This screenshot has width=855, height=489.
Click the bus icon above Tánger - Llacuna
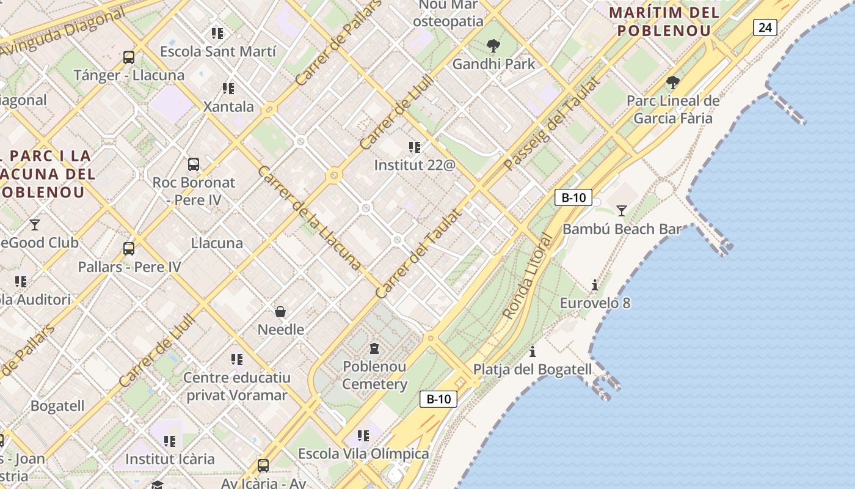128,57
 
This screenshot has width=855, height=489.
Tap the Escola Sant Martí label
218,51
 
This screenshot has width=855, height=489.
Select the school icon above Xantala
228,89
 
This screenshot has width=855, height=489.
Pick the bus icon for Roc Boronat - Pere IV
194,164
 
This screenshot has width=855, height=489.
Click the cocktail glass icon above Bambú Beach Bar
622,211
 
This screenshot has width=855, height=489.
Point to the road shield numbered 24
765,27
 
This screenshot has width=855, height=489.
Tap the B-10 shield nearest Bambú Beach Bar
573,197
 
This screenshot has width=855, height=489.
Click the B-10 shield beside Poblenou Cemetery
438,399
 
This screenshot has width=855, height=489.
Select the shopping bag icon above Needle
280,312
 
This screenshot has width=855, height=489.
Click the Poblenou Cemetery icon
374,348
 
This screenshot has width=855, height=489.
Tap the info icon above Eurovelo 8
595,285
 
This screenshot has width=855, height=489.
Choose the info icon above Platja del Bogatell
533,351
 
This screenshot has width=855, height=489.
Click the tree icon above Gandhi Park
493,46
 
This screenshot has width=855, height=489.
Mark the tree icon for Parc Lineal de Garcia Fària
673,83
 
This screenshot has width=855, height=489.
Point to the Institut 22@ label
415,165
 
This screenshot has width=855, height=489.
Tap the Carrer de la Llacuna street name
309,218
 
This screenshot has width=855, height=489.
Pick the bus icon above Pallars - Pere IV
128,249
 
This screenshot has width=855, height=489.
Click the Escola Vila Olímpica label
363,454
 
